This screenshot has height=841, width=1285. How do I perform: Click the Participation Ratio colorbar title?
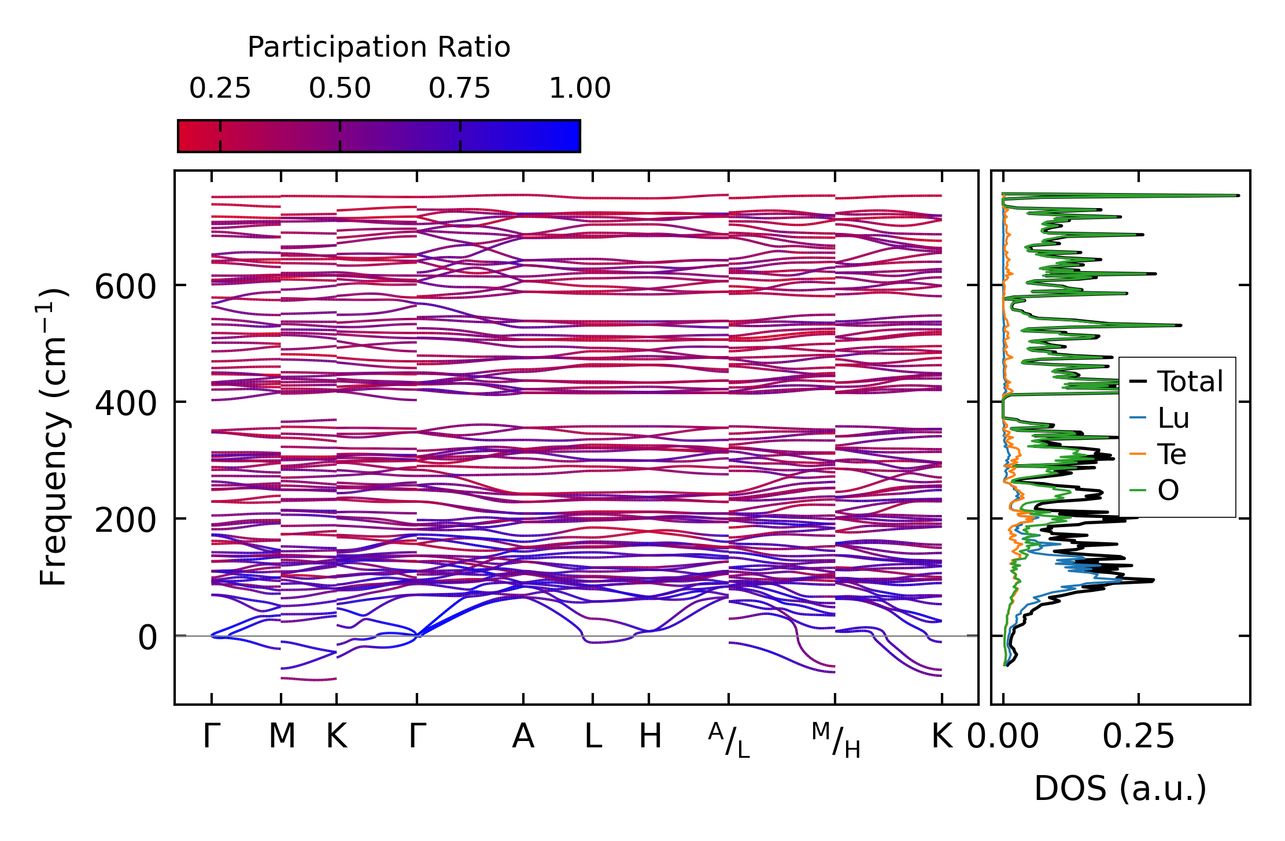(379, 47)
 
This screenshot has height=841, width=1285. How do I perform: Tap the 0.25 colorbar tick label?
(220, 89)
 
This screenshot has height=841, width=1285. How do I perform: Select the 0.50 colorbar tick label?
(339, 89)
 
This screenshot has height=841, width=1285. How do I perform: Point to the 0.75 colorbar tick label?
(459, 89)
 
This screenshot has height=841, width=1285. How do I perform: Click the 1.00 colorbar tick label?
(579, 89)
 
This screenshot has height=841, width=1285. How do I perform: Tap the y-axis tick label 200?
(125, 521)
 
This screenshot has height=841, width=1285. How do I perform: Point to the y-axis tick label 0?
(147, 638)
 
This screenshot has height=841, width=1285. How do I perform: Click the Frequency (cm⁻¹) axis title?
(53, 438)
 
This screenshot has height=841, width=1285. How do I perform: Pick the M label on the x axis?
(282, 736)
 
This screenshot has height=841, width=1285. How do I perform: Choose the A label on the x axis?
(523, 736)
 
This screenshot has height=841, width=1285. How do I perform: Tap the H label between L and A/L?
(649, 736)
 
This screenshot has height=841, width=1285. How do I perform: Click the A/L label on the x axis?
(729, 740)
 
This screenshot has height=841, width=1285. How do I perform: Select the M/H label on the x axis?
(836, 740)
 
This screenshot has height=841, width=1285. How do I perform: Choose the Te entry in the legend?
(1172, 454)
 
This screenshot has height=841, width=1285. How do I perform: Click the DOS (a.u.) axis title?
(1120, 788)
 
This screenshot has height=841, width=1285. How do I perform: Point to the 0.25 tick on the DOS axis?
(1138, 736)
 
